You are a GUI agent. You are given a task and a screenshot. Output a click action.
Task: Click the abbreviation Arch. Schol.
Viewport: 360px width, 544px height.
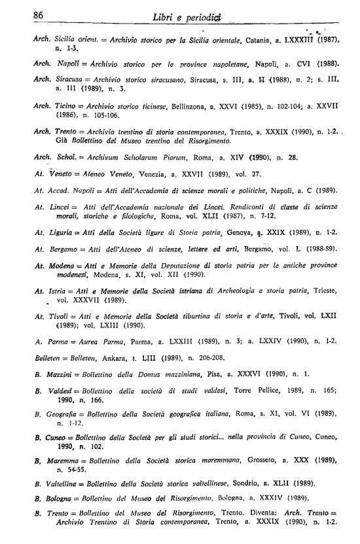(x=50, y=157)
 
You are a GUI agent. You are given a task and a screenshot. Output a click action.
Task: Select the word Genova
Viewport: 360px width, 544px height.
(x=238, y=234)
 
